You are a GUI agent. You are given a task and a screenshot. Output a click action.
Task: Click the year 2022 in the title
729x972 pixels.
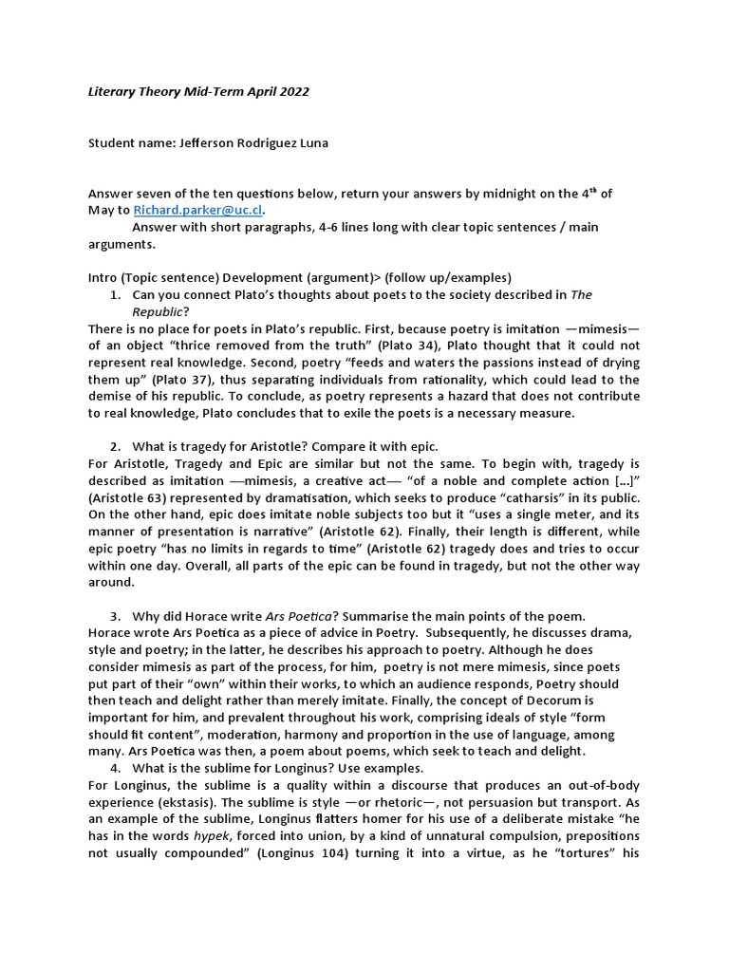293,91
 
